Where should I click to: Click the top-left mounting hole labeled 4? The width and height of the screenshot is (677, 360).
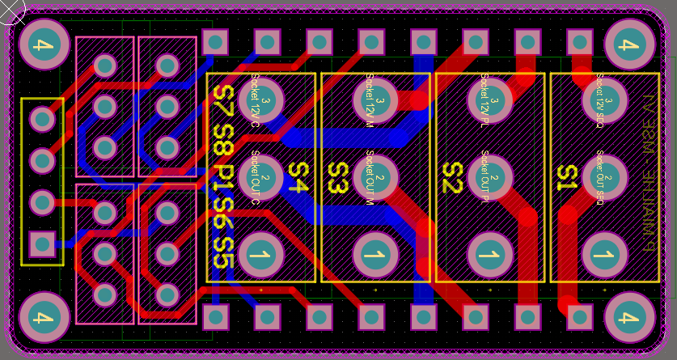[x=43, y=44]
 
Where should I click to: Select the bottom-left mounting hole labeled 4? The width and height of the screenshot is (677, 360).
[x=43, y=316]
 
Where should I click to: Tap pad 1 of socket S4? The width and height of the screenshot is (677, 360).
[x=260, y=255]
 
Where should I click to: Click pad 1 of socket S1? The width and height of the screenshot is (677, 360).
[x=604, y=255]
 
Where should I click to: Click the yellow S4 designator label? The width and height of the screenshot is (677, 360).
[x=298, y=178]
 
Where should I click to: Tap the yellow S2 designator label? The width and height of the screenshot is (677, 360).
[x=452, y=178]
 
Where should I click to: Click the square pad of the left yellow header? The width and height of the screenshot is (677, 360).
[x=42, y=243]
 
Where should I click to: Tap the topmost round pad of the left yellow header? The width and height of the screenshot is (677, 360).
[x=42, y=120]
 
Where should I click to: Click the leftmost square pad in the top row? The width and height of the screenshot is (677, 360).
[x=215, y=41]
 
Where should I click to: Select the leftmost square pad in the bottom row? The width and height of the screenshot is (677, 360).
[x=215, y=316]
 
